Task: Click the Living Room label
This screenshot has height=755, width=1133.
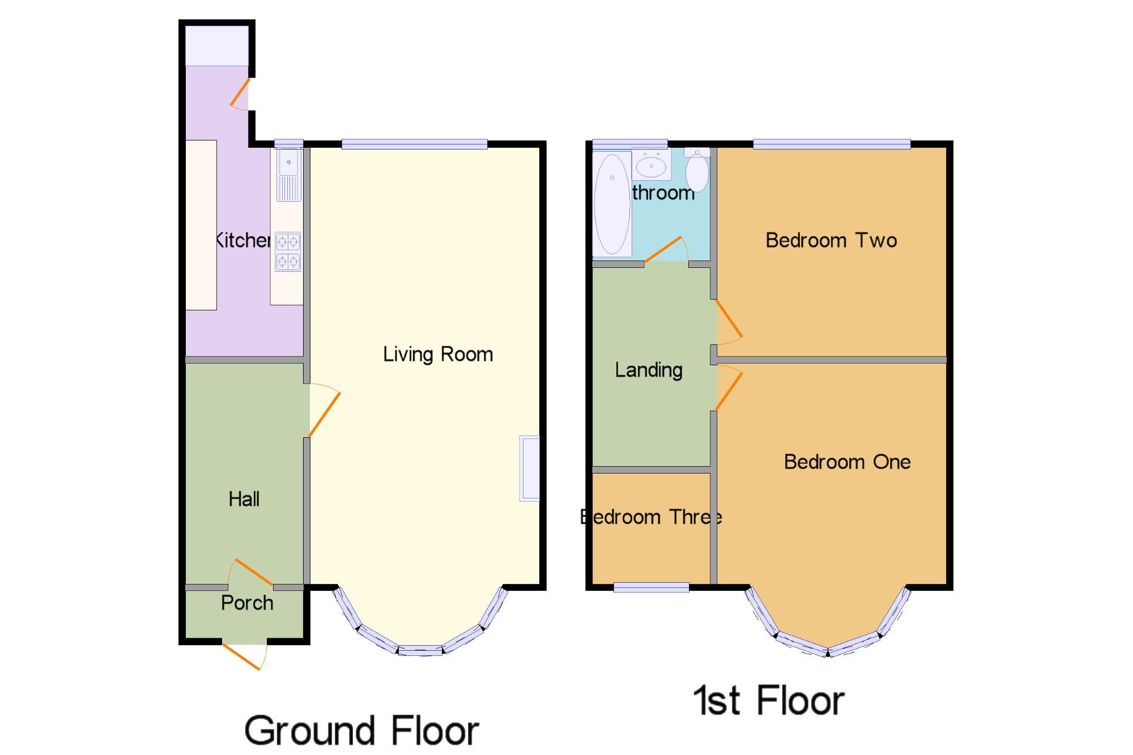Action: click(x=438, y=355)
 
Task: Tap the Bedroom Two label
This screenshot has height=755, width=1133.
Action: click(x=831, y=241)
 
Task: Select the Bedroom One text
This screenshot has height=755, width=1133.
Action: click(x=847, y=462)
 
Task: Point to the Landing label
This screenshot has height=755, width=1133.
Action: click(x=649, y=370)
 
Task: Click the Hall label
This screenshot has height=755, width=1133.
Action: click(x=244, y=500)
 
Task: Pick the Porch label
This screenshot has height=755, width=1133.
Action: click(x=247, y=603)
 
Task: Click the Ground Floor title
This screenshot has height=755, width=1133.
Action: click(x=361, y=731)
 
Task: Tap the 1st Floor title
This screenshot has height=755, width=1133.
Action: click(x=769, y=701)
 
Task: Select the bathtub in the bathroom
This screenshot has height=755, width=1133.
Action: click(x=612, y=204)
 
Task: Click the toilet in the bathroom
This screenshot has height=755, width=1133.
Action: click(x=697, y=170)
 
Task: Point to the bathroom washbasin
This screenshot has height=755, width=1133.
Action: click(x=651, y=165)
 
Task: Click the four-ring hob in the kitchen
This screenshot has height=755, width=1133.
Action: click(x=288, y=252)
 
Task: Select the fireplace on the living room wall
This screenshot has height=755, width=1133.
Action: click(x=530, y=468)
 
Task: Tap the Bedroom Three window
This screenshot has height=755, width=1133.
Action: click(x=651, y=588)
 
